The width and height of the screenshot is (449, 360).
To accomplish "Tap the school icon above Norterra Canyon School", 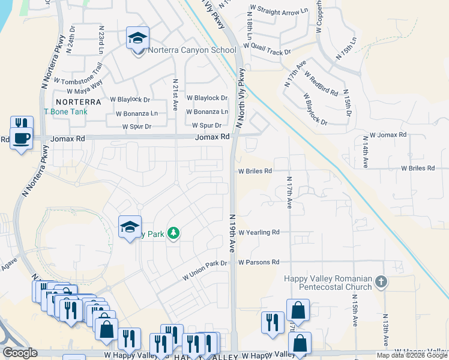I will click(137, 38).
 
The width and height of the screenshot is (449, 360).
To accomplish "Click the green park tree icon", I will click(173, 232).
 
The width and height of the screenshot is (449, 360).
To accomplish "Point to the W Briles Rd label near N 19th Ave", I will click(255, 170).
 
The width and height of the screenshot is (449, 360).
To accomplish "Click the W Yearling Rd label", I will click(259, 232).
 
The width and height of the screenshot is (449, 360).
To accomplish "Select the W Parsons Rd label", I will click(259, 262).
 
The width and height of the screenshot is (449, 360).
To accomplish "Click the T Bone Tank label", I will click(65, 112).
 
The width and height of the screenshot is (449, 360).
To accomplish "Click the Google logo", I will click(20, 353).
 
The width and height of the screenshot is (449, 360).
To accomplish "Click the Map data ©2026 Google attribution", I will click(412, 355).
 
